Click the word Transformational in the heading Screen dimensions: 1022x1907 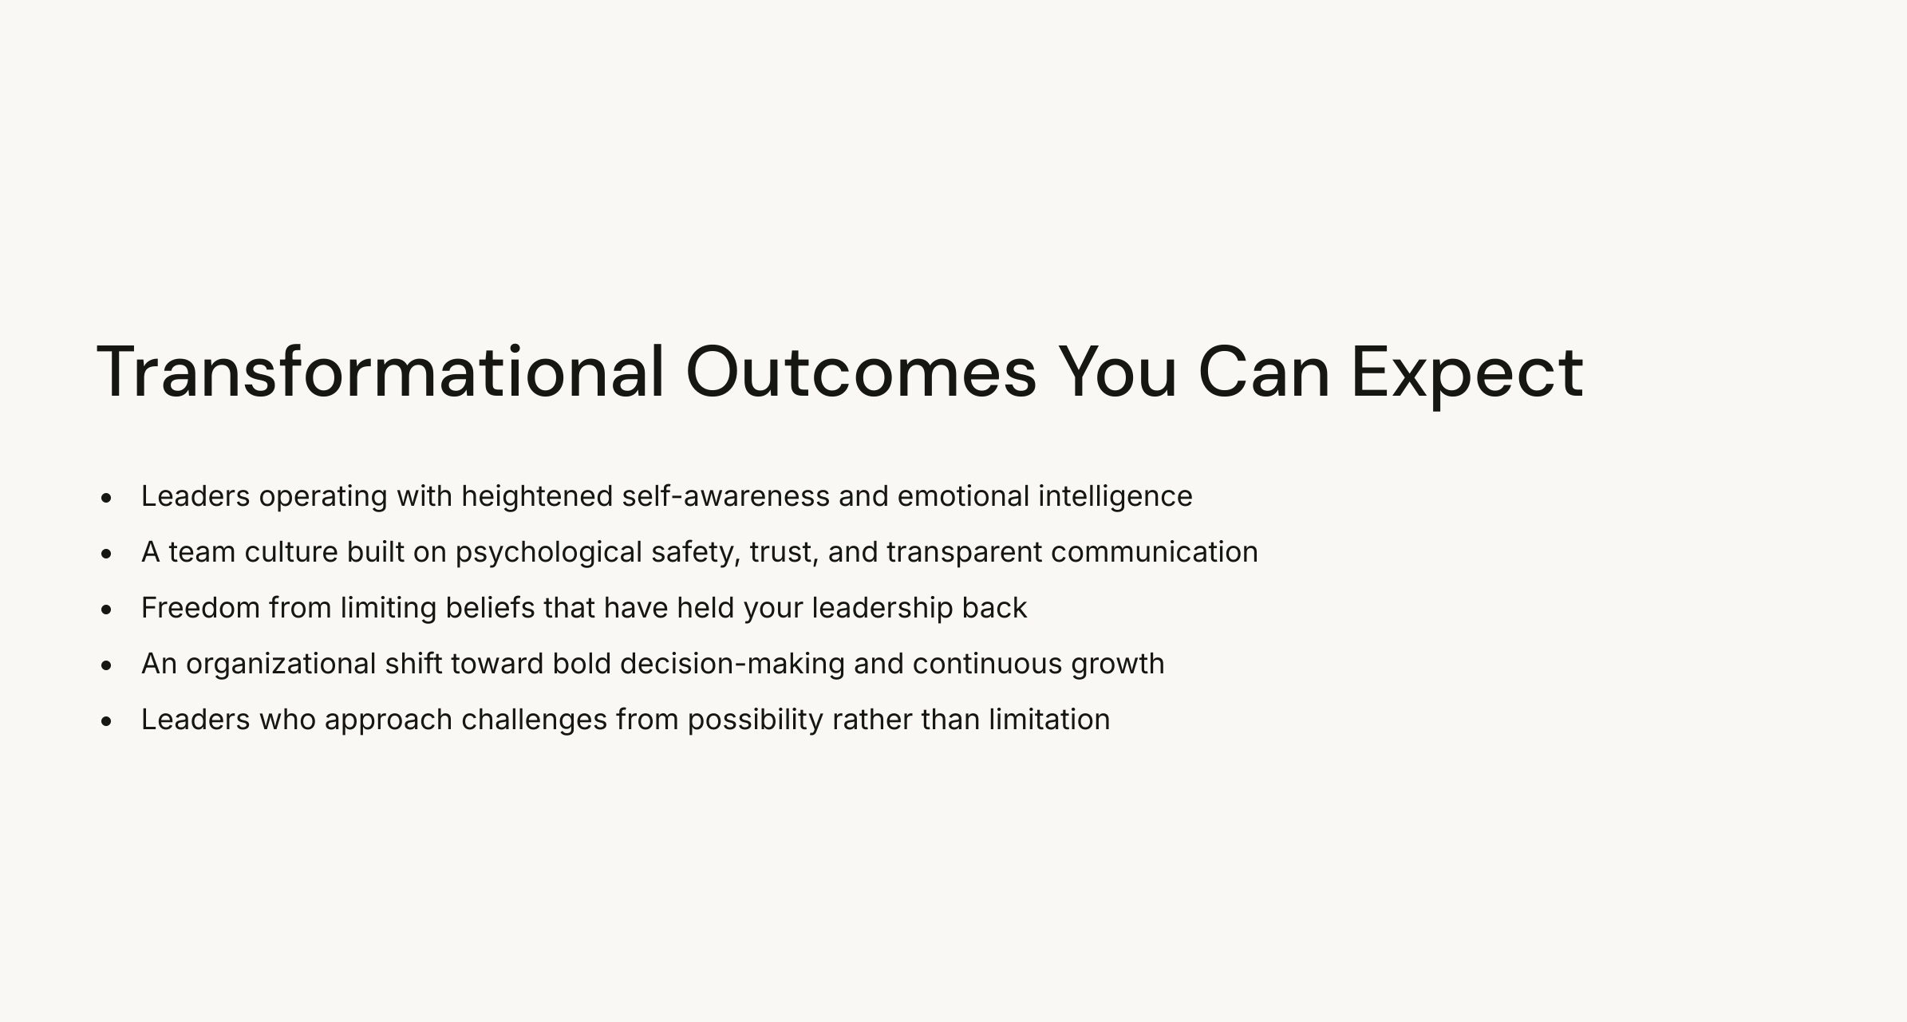[x=380, y=372]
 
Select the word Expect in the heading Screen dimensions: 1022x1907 [x=1467, y=372]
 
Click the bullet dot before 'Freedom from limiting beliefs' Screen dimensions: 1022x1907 [x=107, y=610]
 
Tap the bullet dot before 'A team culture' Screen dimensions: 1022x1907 [x=107, y=554]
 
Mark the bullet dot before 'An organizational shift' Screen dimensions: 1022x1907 [x=107, y=665]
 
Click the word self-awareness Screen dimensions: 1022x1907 [x=725, y=496]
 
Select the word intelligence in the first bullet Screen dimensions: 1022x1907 [x=1115, y=496]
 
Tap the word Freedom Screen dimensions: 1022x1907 [x=200, y=608]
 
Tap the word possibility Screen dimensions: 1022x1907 [x=755, y=720]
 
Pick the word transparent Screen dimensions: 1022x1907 [x=964, y=552]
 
